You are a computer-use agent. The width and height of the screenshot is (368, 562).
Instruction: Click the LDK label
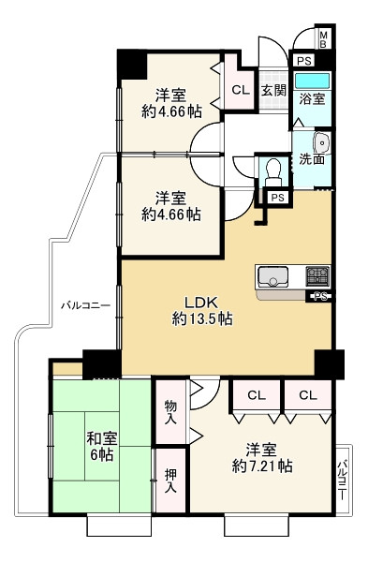coord(200,302)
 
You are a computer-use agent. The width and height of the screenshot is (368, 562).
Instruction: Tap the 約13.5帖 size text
coord(202,319)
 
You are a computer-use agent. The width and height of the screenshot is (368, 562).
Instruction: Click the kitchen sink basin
coord(274,276)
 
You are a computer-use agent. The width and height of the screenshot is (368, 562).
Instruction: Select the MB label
coord(323,38)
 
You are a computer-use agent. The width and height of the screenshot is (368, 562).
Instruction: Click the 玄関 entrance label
coord(272,91)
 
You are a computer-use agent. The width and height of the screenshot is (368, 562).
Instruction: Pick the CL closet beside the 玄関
coord(240,91)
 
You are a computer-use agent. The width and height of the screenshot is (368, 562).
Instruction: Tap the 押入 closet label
coord(171,481)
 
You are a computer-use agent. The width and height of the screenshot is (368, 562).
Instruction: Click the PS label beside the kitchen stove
coord(320,298)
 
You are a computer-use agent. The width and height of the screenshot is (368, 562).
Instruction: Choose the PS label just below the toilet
coord(276,198)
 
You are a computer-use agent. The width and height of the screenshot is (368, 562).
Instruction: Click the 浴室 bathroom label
coord(312,96)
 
